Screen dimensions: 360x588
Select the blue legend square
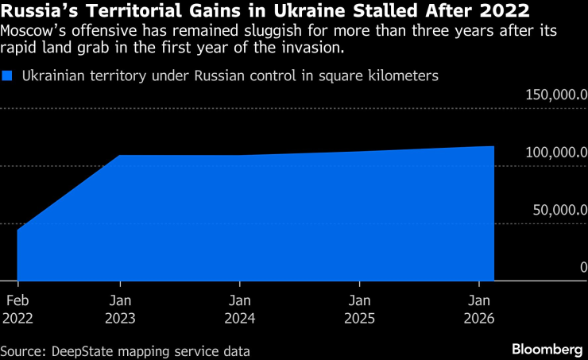pyautogui.click(x=8, y=76)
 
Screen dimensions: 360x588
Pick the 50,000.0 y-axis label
pyautogui.click(x=559, y=211)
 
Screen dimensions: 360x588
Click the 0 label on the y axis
pyautogui.click(x=583, y=268)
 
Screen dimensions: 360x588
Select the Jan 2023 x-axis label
pyautogui.click(x=120, y=309)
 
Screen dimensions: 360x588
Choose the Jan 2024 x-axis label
pyautogui.click(x=240, y=309)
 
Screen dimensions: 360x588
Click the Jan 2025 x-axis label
pyautogui.click(x=360, y=309)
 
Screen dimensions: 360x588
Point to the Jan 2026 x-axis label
pyautogui.click(x=479, y=309)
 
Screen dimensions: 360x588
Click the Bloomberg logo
pyautogui.click(x=547, y=349)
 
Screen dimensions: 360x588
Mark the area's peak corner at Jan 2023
pyautogui.click(x=120, y=156)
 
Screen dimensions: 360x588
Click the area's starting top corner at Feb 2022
pyautogui.click(x=17, y=230)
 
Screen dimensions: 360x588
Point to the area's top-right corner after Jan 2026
pyautogui.click(x=493, y=146)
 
